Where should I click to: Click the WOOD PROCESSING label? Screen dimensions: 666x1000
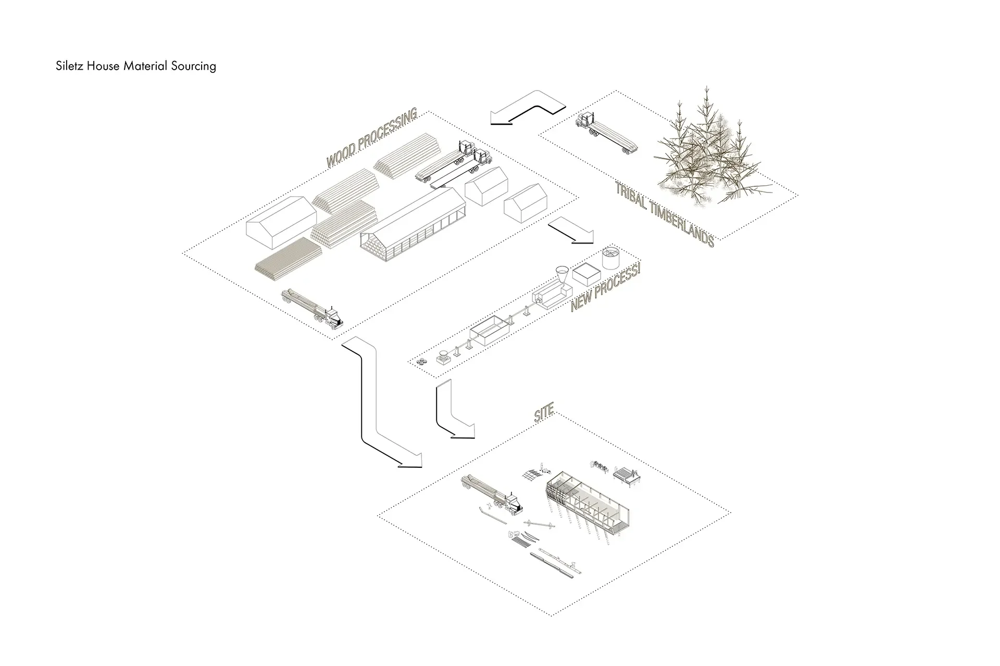[x=371, y=138]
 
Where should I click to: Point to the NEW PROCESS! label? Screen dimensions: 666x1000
[x=605, y=288]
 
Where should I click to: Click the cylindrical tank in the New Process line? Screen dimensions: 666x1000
[x=610, y=258]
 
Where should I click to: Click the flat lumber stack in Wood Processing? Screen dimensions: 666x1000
[x=288, y=257]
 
